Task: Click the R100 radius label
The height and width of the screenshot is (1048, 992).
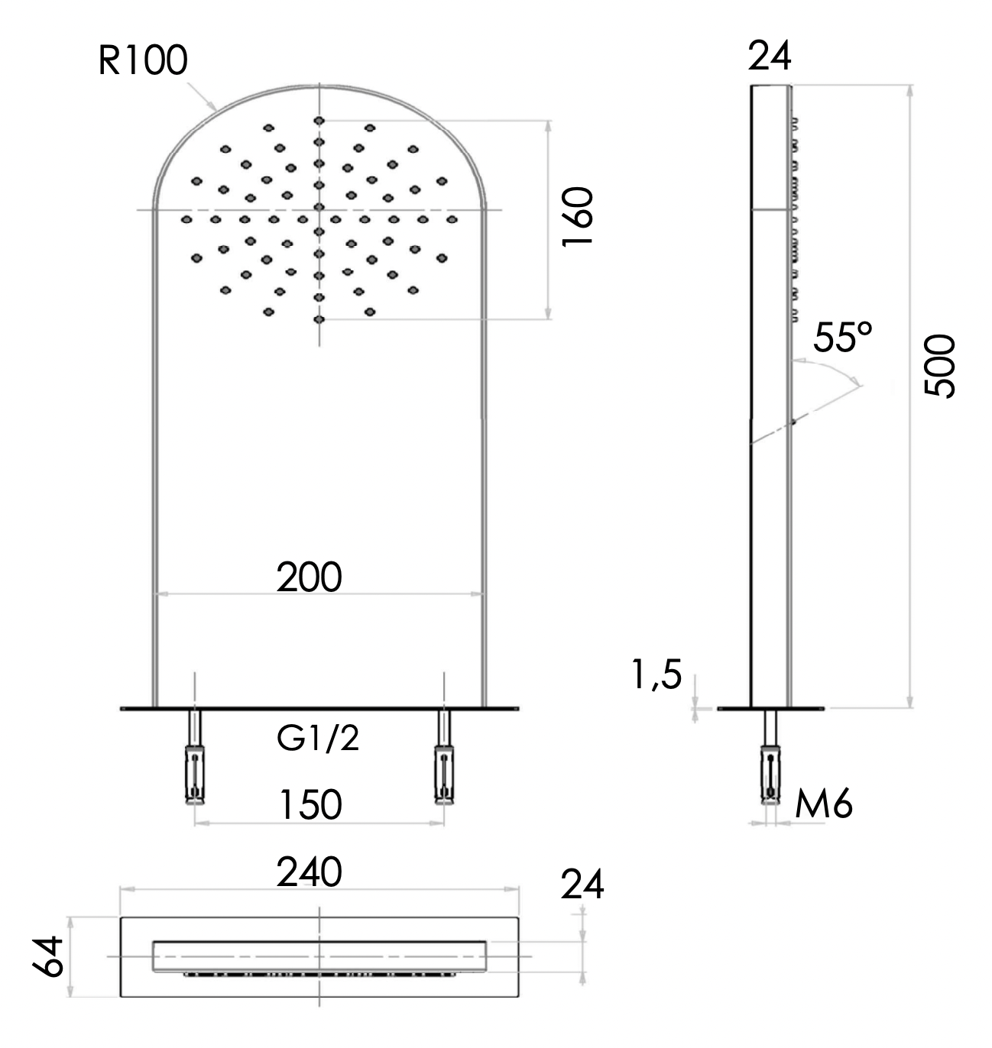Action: tap(142, 61)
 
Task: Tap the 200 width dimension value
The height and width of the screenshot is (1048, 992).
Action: tap(309, 577)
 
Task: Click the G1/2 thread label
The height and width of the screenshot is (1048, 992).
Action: tap(318, 739)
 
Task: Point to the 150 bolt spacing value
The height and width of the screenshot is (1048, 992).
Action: tap(310, 804)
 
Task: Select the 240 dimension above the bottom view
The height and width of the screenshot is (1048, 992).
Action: tap(309, 872)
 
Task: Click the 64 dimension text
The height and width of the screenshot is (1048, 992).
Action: tap(49, 956)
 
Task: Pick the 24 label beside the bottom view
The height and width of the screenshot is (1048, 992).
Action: tap(582, 885)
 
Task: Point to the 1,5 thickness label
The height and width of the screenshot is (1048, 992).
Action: tap(656, 675)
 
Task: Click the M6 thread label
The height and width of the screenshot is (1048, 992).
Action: tap(824, 804)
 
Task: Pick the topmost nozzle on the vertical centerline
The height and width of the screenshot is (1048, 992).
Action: tap(319, 121)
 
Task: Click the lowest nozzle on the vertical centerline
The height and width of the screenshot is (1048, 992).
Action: tap(319, 319)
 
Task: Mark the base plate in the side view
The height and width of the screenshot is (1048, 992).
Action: tap(772, 710)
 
